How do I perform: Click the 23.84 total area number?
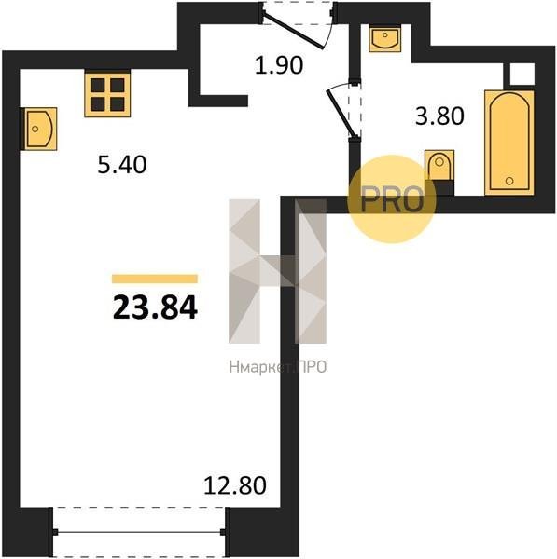155,308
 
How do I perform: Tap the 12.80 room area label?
235,485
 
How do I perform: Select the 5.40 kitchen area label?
122,165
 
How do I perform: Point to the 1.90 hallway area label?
279,65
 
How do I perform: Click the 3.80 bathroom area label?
439,116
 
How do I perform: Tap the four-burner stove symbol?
107,94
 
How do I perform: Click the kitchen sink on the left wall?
38,129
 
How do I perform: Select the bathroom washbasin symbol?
384,37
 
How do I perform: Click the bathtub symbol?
509,143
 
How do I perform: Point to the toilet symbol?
439,166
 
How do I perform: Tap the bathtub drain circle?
509,181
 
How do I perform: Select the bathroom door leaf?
341,114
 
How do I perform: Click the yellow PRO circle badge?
392,199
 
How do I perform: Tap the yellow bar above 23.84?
155,279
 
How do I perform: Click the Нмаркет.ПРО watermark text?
278,367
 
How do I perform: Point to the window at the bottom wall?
139,532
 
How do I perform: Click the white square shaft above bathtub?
522,75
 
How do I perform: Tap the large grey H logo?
277,271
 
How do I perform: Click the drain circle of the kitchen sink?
35,129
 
